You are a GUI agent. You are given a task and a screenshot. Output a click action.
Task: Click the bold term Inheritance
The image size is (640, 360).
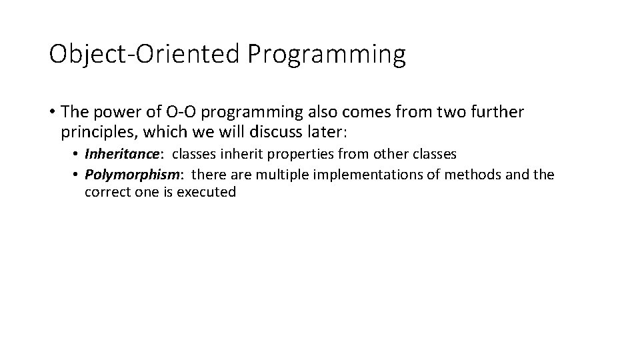point(122,155)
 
